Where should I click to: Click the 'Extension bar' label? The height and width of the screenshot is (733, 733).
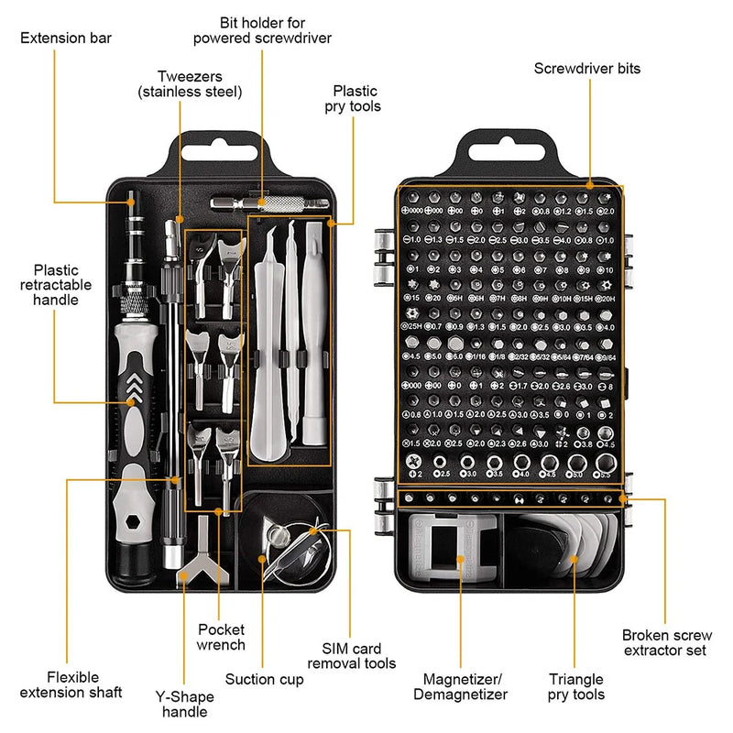tap(66, 38)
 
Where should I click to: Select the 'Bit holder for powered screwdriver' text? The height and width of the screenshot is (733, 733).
tap(262, 29)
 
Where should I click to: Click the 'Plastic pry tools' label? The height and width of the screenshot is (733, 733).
tap(356, 99)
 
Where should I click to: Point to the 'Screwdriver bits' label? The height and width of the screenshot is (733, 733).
tap(587, 68)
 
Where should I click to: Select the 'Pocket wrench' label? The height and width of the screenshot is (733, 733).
tap(222, 637)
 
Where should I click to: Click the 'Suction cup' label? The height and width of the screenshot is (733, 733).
tap(264, 678)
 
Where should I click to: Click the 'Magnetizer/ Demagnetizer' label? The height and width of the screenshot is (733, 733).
tap(465, 686)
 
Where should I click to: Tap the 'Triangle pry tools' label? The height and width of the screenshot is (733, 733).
tap(576, 686)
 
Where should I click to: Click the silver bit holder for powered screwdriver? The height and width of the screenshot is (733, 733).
tap(261, 202)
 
